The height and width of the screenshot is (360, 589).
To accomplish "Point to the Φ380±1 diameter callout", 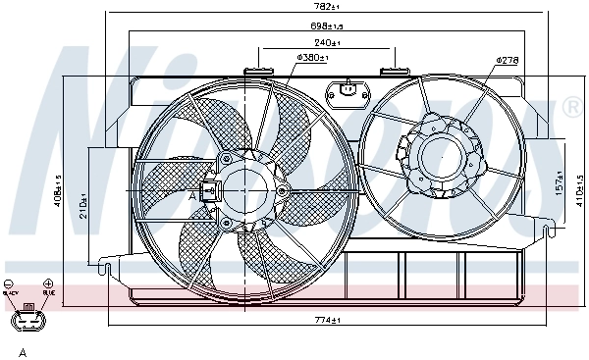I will point(311,58).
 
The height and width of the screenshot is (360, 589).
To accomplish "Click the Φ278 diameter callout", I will point(507,60).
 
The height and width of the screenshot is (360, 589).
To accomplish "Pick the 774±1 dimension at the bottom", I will point(324,321).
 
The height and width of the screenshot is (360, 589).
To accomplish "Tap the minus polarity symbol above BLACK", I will point(10,283).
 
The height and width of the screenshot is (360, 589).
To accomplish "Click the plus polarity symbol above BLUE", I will point(48,283).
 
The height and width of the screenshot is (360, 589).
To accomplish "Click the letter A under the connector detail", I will point(21,351).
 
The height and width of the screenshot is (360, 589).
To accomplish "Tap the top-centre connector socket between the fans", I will point(348,92).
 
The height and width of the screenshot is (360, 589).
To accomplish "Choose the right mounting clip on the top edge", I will point(395,70).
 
